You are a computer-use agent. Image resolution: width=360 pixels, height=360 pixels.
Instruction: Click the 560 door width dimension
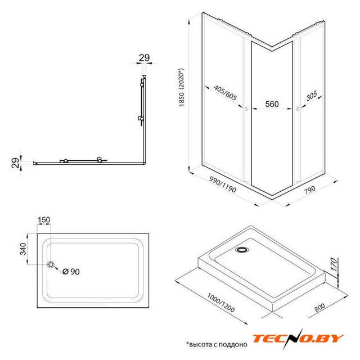(x=272, y=104)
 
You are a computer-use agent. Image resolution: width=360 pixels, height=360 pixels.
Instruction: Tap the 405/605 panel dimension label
(x=225, y=93)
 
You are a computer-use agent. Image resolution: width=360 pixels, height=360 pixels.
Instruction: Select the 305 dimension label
(x=312, y=96)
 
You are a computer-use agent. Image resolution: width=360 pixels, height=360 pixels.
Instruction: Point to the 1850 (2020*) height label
(x=182, y=87)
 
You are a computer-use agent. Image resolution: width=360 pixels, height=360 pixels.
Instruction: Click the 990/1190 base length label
(x=223, y=184)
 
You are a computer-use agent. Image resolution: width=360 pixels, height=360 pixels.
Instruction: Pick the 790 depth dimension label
(x=310, y=190)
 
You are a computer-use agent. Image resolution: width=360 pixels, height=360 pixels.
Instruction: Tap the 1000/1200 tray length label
(x=221, y=303)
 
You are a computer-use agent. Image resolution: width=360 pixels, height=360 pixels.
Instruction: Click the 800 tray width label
(x=319, y=308)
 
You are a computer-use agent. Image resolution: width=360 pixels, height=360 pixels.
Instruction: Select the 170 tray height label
(x=334, y=264)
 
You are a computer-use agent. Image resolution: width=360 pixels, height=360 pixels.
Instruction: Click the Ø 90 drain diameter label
(x=71, y=272)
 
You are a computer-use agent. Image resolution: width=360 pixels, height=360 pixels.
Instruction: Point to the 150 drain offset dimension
(x=44, y=220)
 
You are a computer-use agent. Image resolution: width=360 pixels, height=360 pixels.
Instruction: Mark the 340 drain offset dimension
(x=23, y=249)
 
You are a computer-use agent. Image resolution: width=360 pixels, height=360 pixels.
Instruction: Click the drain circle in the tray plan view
(x=51, y=264)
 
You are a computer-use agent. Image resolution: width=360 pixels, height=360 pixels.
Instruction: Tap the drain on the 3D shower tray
(x=242, y=249)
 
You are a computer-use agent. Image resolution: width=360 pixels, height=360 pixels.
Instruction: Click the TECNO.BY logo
(x=298, y=339)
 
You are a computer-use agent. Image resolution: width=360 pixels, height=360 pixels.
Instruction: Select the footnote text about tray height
(x=217, y=344)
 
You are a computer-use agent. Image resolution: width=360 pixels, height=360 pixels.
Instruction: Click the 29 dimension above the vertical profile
(x=144, y=57)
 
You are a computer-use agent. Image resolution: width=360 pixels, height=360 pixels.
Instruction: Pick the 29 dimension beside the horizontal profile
(x=16, y=163)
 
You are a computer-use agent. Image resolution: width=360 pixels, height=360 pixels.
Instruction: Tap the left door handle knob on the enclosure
(x=246, y=109)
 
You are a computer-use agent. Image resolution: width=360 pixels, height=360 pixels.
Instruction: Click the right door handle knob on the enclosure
(x=298, y=109)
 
